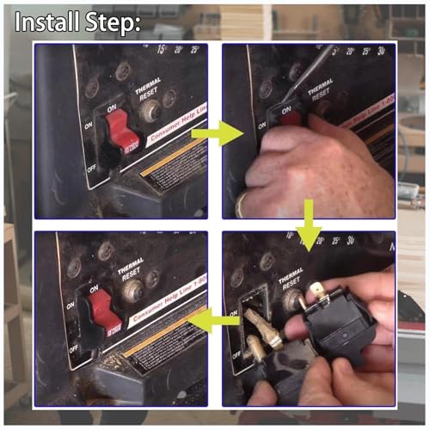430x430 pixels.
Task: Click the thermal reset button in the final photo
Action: click(132, 291)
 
